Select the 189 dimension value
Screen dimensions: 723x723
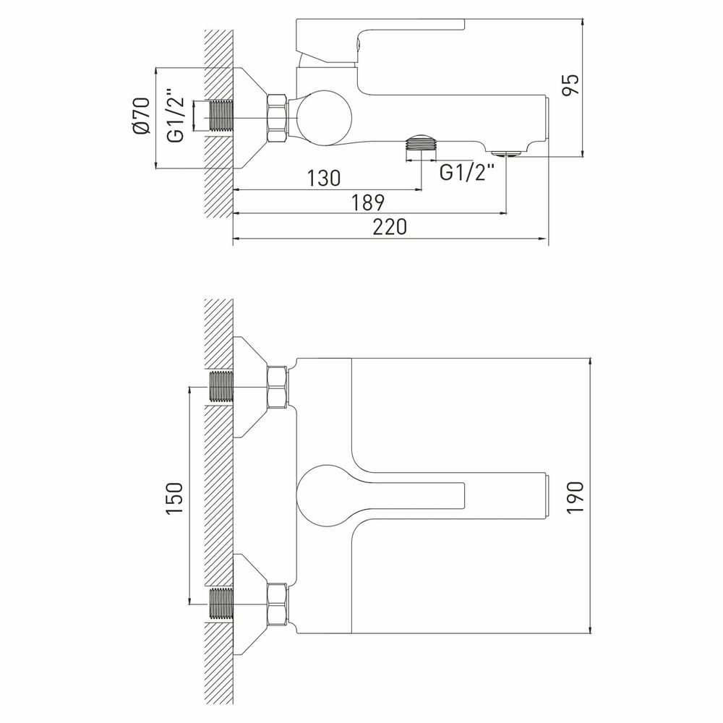(369, 202)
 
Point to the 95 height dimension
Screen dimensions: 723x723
(570, 85)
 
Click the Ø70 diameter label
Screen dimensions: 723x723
(141, 116)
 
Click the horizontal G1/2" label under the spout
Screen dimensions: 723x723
(467, 173)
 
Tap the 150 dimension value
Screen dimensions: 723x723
(174, 498)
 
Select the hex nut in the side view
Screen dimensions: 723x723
(278, 118)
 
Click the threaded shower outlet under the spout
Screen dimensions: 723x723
(422, 142)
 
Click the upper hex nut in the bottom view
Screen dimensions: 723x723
(278, 388)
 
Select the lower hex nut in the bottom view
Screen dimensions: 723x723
(278, 603)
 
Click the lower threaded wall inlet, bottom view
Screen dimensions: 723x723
(222, 603)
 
